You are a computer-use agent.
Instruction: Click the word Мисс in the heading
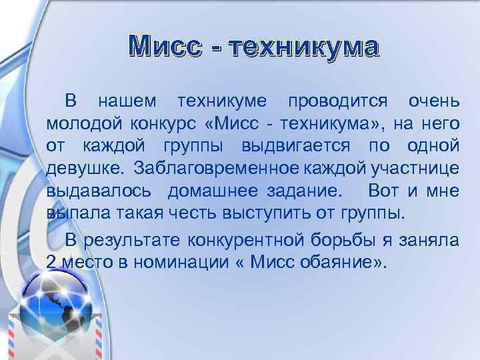point(167,47)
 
